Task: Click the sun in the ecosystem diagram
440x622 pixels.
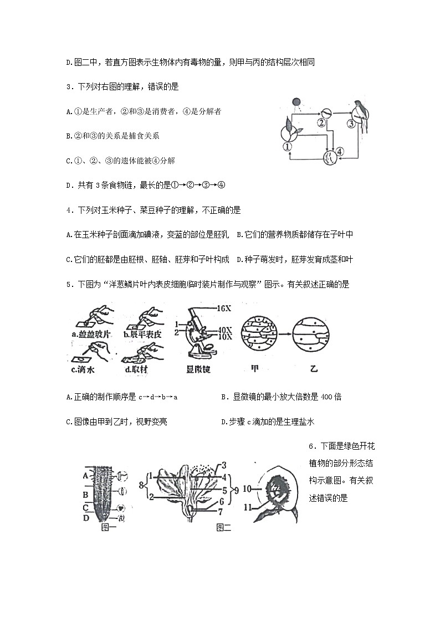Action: [x=296, y=102]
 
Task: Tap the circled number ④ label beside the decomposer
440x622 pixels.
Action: [x=340, y=151]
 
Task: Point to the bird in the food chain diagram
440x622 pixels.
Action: [x=361, y=114]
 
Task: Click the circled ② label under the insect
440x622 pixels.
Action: [x=321, y=123]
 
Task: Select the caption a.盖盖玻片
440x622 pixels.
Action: [x=91, y=334]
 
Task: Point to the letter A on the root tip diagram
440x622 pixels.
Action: [x=86, y=474]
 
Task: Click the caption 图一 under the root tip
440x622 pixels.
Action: [x=109, y=528]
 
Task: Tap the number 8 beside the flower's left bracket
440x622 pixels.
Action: [x=141, y=485]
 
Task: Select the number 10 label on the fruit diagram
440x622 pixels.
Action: [x=247, y=489]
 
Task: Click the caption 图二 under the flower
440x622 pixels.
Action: [x=223, y=528]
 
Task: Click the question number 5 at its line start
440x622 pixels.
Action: [x=68, y=285]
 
